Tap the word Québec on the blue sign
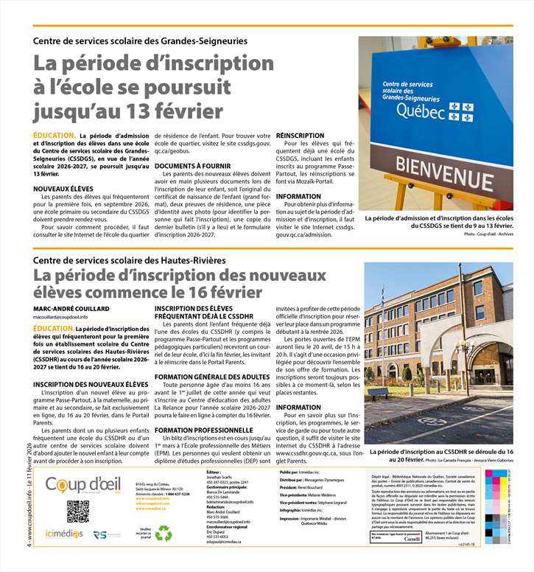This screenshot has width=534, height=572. (421, 111)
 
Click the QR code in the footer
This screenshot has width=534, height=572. (77, 511)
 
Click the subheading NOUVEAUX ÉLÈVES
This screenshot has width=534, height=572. (63, 189)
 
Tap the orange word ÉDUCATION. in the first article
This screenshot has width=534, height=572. (54, 136)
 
